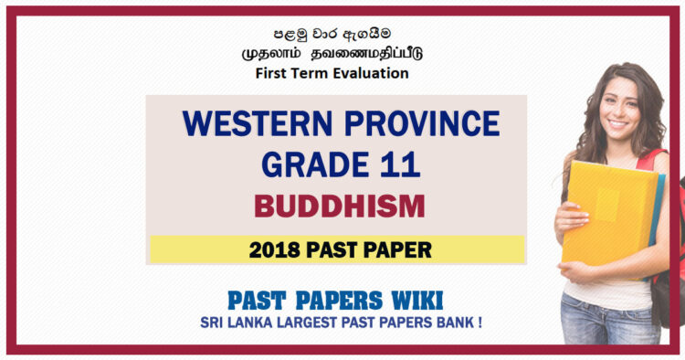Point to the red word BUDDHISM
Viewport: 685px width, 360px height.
(339, 206)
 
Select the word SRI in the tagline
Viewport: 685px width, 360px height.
(214, 323)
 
